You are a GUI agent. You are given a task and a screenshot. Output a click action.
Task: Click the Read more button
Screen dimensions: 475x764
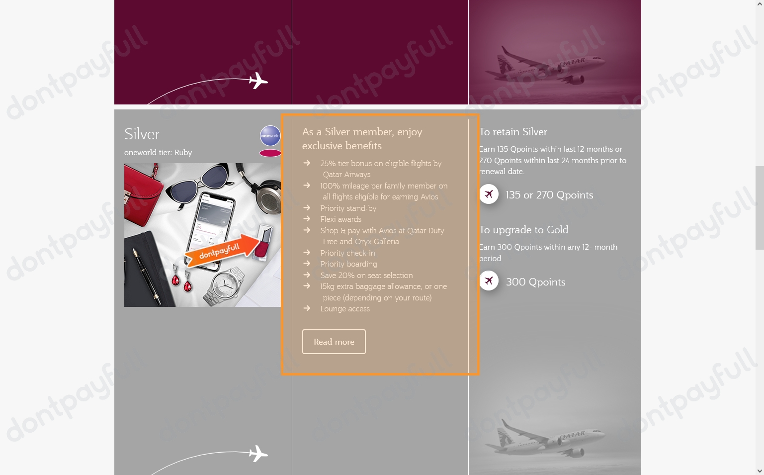(334, 342)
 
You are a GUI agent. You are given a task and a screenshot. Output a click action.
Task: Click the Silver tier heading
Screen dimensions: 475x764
(142, 134)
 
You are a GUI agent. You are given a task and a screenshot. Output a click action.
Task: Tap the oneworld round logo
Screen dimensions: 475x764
(270, 135)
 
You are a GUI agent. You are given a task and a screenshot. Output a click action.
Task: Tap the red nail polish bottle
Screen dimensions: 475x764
(262, 243)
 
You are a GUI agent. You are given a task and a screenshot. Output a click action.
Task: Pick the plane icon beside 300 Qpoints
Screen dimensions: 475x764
(489, 281)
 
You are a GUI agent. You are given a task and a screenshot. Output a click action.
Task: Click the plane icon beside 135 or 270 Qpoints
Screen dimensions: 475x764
(489, 194)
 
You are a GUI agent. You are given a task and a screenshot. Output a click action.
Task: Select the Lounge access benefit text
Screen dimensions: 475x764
(345, 309)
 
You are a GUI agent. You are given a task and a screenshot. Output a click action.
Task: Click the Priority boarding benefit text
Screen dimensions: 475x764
(348, 264)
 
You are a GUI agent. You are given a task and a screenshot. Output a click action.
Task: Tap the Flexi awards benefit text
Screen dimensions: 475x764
(340, 219)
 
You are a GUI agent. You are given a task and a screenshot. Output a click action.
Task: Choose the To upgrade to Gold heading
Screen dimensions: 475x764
(524, 230)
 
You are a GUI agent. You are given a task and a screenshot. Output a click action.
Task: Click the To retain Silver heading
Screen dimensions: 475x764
(513, 132)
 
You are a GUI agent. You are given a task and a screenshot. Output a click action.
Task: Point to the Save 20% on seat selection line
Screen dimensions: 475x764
(366, 276)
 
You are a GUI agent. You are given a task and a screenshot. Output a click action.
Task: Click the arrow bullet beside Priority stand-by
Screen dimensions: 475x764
(307, 208)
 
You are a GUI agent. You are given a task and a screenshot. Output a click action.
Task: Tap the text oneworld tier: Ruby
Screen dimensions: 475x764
(158, 153)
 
